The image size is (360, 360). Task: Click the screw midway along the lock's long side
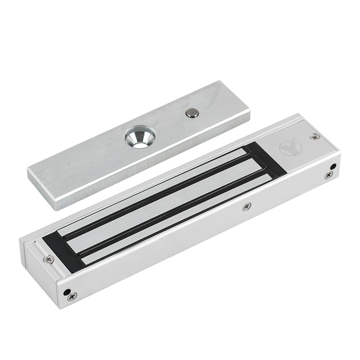tap(246, 207)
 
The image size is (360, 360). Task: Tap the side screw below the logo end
tap(328, 175)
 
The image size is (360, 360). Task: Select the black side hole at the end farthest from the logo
tap(67, 290)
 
